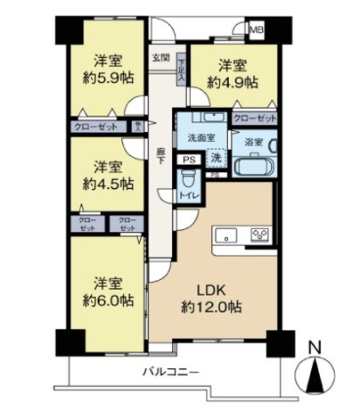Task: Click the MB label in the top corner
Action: pos(257,29)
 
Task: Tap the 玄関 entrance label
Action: pos(161,57)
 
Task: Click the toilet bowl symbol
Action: pos(188,177)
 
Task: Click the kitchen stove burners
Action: pos(260,236)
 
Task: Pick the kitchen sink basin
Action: pos(225,236)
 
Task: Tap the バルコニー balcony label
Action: pos(169,370)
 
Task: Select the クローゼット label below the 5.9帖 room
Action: pos(94,127)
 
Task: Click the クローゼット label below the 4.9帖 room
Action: pos(254,117)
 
